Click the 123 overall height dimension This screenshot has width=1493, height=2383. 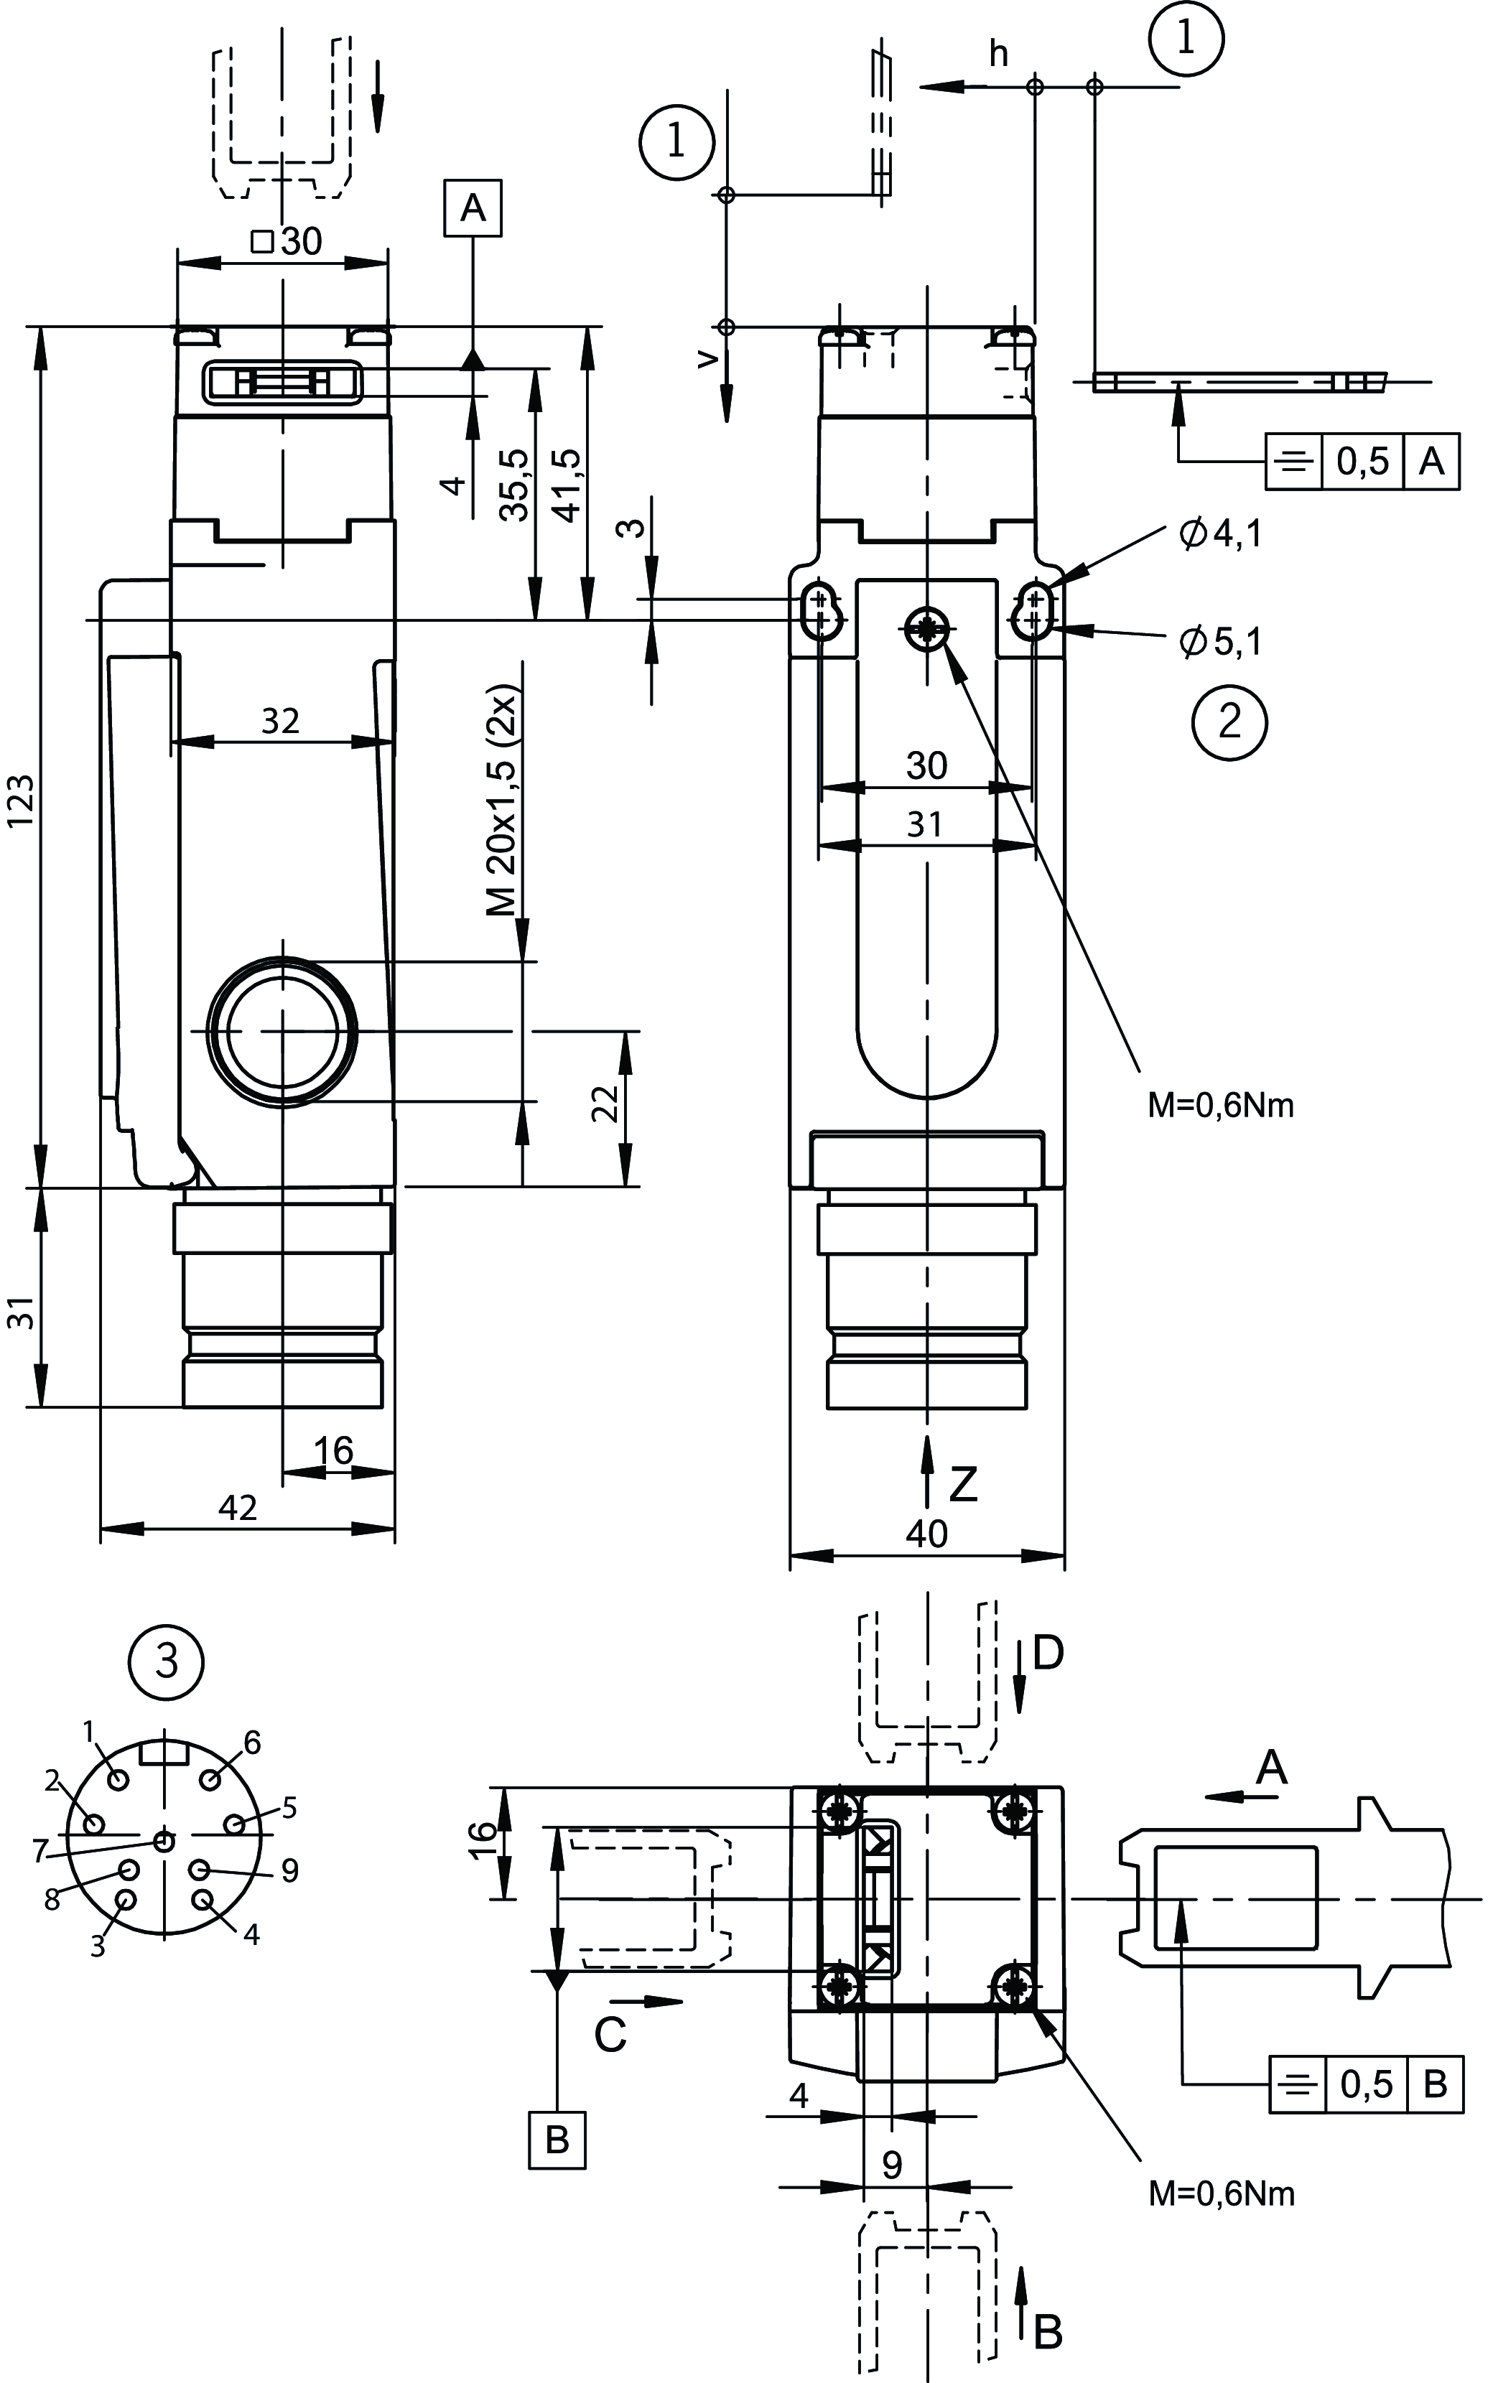22,800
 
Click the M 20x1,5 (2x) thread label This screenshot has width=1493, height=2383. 503,800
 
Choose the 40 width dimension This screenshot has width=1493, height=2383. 926,1533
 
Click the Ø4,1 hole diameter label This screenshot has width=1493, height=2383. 1221,534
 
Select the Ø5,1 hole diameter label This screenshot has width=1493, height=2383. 1221,643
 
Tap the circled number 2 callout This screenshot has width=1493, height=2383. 1229,722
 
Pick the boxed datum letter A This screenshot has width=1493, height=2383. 473,208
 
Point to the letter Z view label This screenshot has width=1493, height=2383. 963,1483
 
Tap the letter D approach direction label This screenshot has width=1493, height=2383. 1048,1653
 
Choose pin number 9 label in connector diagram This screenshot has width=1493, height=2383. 289,1870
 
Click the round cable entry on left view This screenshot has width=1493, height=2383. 282,1030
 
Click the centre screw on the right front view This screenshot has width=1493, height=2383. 927,628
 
